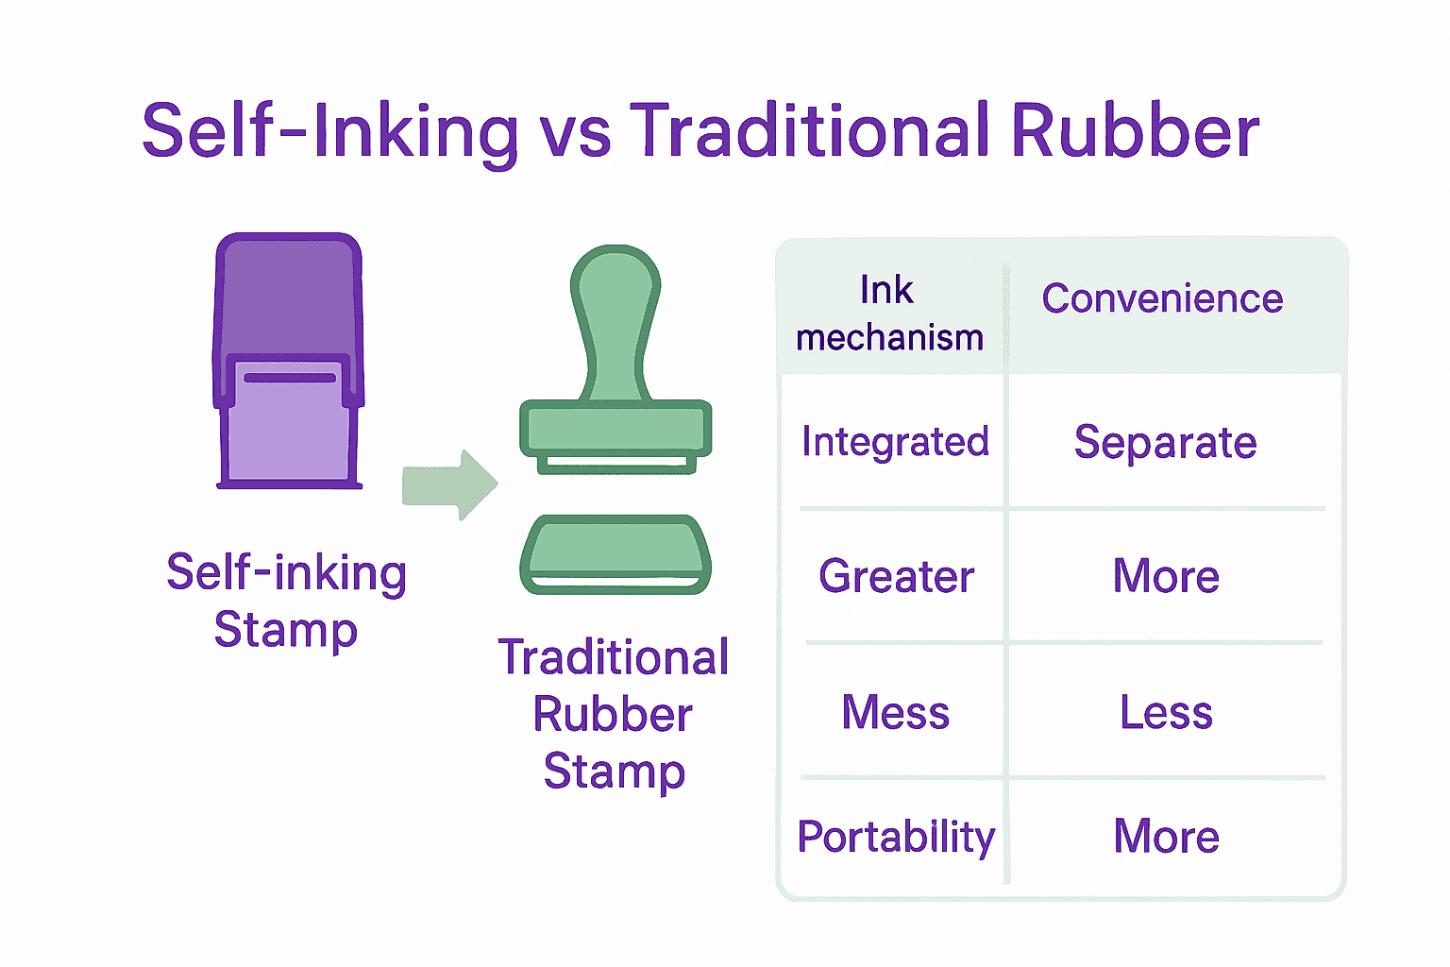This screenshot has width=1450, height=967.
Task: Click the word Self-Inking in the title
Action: pos(330,130)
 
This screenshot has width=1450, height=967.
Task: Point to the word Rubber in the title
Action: pos(1135,130)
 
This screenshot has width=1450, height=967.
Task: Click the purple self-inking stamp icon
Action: pos(289,361)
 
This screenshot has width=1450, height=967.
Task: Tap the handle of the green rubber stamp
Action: pos(615,321)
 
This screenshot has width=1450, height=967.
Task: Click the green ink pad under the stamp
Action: pos(615,554)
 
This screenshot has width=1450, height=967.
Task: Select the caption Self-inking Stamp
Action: pos(286,601)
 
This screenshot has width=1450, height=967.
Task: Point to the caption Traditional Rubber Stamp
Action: pos(614,714)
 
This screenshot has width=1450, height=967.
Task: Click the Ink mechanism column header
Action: pos(889,314)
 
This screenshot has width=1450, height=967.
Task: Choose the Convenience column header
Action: pos(1162,299)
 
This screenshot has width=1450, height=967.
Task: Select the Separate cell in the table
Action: pos(1166,443)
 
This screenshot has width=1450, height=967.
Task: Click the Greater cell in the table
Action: pos(896,577)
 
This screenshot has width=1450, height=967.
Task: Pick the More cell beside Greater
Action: pos(1166,577)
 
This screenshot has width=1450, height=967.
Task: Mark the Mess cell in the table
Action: pos(895,713)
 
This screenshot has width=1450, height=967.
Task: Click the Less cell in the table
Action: pos(1166,713)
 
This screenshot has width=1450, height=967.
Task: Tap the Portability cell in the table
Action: pos(896,838)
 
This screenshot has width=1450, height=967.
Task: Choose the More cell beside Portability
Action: pos(1166,838)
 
